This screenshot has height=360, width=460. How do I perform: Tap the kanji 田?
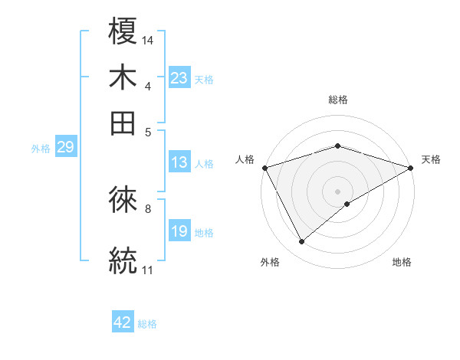click(123, 123)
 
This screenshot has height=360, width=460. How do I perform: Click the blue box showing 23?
click(179, 78)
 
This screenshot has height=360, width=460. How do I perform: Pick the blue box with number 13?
click(179, 162)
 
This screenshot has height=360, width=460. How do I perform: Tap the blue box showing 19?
click(179, 231)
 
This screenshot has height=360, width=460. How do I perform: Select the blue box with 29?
click(65, 148)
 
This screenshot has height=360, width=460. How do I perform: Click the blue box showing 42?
click(123, 322)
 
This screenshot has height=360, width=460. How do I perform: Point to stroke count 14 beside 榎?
click(148, 40)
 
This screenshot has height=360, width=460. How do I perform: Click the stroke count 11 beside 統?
click(147, 270)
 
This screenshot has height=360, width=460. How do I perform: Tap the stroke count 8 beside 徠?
click(147, 208)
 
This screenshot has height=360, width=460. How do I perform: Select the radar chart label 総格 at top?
click(338, 100)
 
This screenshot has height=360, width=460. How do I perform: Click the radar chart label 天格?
click(431, 159)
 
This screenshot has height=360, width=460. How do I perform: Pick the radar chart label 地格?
click(402, 263)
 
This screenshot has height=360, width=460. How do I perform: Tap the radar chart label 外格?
click(270, 263)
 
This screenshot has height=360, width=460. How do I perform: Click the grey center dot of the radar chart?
click(338, 191)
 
